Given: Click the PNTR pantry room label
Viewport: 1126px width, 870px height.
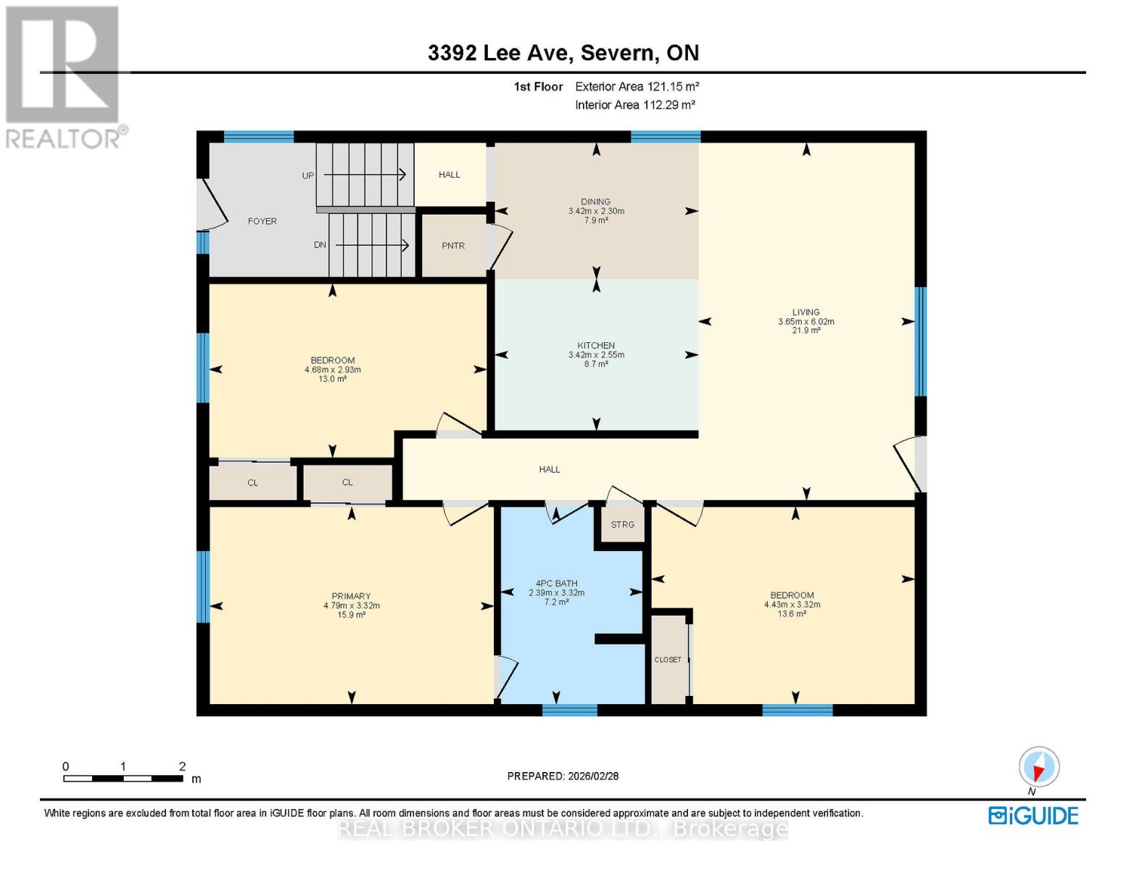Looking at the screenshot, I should (453, 246).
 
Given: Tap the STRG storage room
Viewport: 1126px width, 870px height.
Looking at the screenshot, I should (622, 525).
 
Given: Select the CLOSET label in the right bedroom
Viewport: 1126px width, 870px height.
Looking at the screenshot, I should (668, 660).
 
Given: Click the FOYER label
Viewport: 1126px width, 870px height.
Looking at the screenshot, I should (262, 221).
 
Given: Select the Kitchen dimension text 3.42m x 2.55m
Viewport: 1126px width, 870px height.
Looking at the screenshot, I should (596, 355).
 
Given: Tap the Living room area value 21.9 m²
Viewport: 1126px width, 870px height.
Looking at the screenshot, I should (806, 331).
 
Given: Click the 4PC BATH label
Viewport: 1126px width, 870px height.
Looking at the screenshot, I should (556, 583).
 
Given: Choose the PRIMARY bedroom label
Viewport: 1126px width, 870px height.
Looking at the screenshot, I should (351, 596).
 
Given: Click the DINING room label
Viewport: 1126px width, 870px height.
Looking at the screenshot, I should (595, 202).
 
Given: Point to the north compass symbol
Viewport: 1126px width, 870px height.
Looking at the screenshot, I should (1039, 767).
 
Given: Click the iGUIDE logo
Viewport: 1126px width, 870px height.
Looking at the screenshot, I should (1033, 816).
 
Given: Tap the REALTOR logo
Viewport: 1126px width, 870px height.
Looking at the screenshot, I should (64, 76).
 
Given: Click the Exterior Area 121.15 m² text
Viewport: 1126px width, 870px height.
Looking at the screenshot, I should (637, 86).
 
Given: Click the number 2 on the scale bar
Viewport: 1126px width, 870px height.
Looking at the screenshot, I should (182, 766).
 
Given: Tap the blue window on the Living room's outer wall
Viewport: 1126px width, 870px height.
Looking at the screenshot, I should (921, 341).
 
